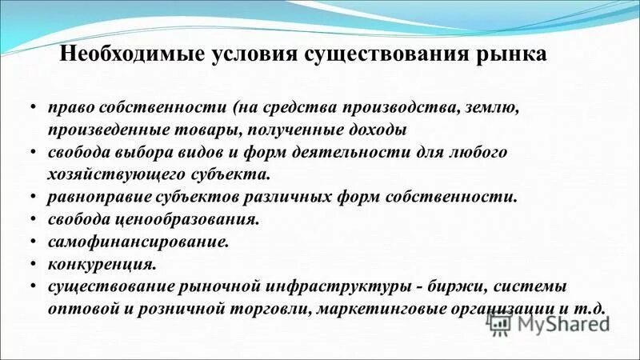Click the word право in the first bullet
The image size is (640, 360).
click(68, 109)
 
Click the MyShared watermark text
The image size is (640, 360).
click(563, 323)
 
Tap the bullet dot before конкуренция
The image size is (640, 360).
click(32, 262)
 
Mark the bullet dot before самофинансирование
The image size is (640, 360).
click(32, 240)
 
